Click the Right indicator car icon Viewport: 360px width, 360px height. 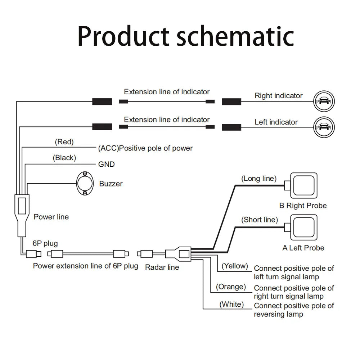[x=324, y=101]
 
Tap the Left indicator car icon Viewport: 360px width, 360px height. [x=324, y=127]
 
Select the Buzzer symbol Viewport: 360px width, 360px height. [x=85, y=184]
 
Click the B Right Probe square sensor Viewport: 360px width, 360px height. [x=304, y=185]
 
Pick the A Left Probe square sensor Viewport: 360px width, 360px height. [x=304, y=228]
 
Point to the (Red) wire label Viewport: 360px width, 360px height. [x=64, y=142]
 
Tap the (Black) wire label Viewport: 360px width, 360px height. [x=64, y=158]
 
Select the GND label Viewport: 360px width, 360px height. [x=106, y=165]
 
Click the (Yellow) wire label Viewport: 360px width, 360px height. [x=235, y=266]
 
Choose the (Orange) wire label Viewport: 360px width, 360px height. [x=231, y=287]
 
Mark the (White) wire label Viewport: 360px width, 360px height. [x=231, y=305]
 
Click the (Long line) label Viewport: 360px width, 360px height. [x=259, y=179]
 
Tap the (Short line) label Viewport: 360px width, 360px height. [x=260, y=220]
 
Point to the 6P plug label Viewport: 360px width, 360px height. [x=45, y=244]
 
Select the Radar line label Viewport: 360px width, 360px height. [x=162, y=267]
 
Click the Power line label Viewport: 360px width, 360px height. [x=51, y=217]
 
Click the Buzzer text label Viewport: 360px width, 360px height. [x=111, y=184]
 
